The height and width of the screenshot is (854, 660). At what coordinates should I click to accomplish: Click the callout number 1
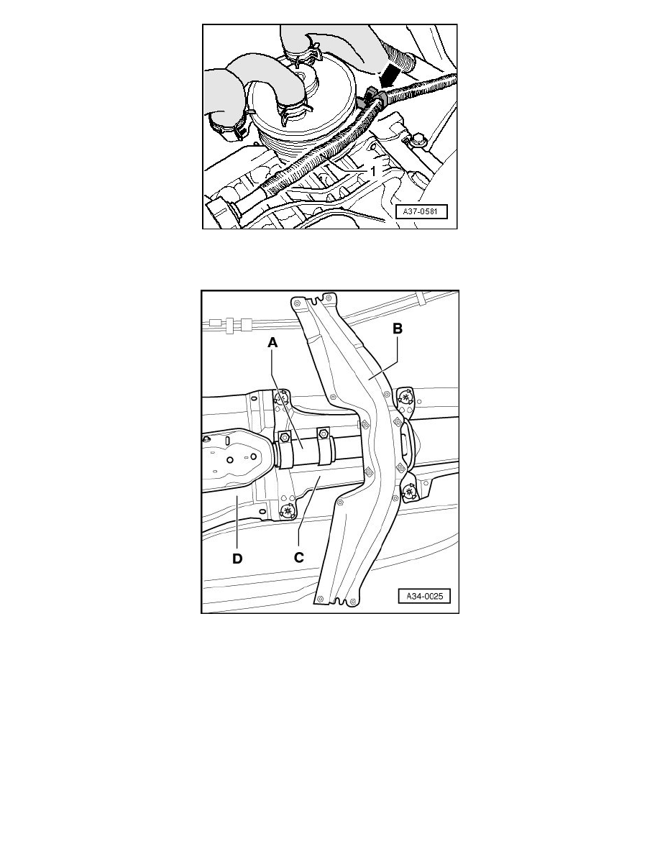pyautogui.click(x=373, y=173)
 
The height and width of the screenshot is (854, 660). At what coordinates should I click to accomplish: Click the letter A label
pyautogui.click(x=272, y=344)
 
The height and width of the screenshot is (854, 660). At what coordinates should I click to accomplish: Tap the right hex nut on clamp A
pyautogui.click(x=322, y=433)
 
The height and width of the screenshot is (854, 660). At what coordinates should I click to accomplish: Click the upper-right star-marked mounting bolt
pyautogui.click(x=408, y=396)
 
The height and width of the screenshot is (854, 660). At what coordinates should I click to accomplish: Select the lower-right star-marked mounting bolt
pyautogui.click(x=409, y=492)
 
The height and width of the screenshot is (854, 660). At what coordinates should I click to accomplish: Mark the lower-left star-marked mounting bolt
pyautogui.click(x=289, y=511)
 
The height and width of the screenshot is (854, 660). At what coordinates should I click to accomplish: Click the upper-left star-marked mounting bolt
pyautogui.click(x=283, y=399)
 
